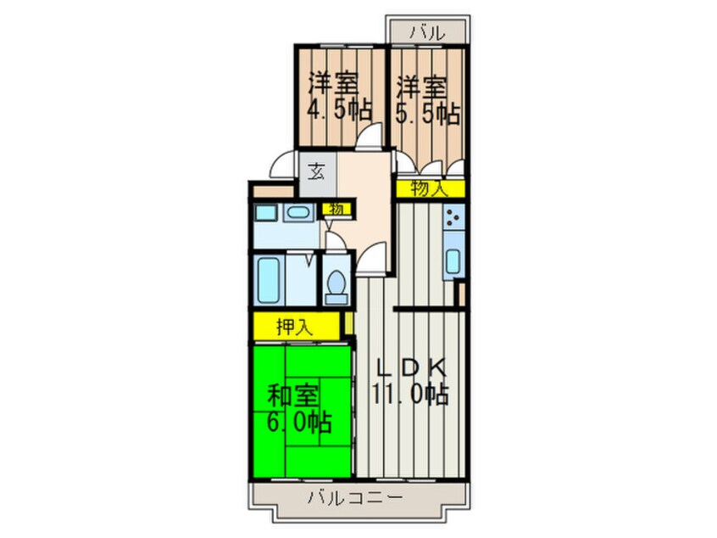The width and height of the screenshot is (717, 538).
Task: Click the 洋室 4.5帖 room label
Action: [339, 97]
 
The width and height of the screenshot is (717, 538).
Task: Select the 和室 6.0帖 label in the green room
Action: [298, 409]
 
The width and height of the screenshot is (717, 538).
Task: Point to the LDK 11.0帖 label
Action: [409, 381]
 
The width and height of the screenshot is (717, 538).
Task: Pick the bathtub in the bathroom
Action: [268, 280]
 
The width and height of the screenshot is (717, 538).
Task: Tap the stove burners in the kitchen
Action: [453, 216]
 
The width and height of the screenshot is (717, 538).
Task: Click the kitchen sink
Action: [453, 261]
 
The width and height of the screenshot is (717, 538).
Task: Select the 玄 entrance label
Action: [316, 172]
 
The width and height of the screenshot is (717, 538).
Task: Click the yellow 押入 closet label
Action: [294, 327]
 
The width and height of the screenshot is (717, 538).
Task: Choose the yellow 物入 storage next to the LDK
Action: [430, 188]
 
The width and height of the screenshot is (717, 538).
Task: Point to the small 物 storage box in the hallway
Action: [336, 210]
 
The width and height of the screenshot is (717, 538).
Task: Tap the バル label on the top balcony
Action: [426, 32]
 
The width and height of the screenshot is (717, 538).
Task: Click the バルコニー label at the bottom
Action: [355, 497]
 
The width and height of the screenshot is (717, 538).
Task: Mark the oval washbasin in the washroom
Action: [298, 213]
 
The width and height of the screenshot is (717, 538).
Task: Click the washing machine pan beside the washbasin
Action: [265, 213]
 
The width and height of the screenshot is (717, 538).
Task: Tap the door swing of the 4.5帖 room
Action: [369, 137]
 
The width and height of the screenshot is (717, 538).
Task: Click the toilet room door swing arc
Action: [335, 242]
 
